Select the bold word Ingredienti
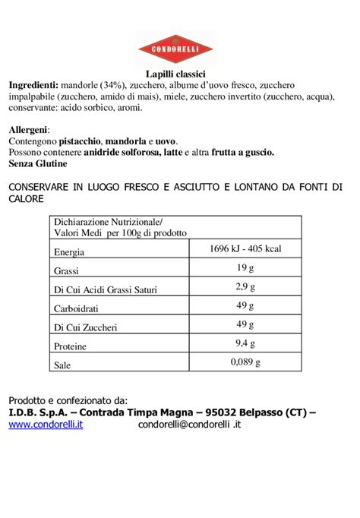pos(33,85)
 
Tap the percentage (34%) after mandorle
pos(107,85)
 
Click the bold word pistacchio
pos(81,142)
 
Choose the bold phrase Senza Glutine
pos(38,163)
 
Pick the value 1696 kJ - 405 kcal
pos(245,249)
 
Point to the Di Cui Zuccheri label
pos(85,327)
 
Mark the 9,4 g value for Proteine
pos(245,343)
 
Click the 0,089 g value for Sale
pos(245,362)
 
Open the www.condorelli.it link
pos(46,425)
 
